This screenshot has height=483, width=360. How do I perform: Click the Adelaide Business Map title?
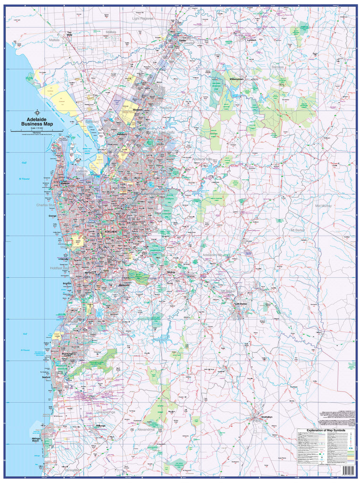pos(37,122)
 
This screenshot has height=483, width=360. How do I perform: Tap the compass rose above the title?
pos(37,112)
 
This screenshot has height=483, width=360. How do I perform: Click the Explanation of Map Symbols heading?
pos(326,430)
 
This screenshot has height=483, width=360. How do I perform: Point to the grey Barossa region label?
pos(277,67)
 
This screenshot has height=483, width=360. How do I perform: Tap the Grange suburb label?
pos(52,216)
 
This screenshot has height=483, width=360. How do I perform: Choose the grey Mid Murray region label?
pos(325,206)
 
